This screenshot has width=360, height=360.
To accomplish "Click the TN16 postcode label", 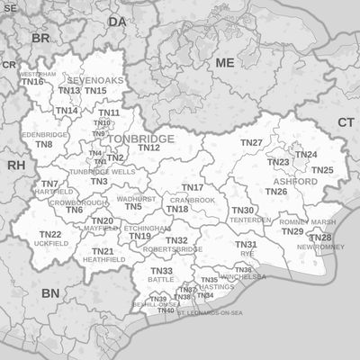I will point(32,82).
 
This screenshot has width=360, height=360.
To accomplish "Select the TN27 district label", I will point(251,143).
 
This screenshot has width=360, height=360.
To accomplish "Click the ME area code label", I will point(224,63).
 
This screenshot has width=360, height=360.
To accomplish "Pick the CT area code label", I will point(346,121).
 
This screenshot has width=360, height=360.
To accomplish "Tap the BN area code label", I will point(50,293).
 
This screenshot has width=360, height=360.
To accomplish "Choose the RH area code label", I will point(16,166).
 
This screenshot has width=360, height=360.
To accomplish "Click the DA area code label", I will point(118,21).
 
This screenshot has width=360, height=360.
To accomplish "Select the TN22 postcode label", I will point(50,234).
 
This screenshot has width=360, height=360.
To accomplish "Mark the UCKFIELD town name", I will point(50,244).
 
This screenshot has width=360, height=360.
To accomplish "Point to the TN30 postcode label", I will point(243,211).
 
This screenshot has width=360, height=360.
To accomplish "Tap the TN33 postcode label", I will point(161,271).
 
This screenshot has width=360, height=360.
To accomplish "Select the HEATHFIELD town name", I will point(103,259).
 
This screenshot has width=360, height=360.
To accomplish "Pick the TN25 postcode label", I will point(322,170).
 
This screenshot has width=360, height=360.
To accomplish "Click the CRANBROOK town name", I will point(192,200).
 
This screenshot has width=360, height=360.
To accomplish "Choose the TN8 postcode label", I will point(44,144).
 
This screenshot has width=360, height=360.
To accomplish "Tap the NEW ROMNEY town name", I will point(315,247).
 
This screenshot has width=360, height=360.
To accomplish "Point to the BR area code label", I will point(40,39).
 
